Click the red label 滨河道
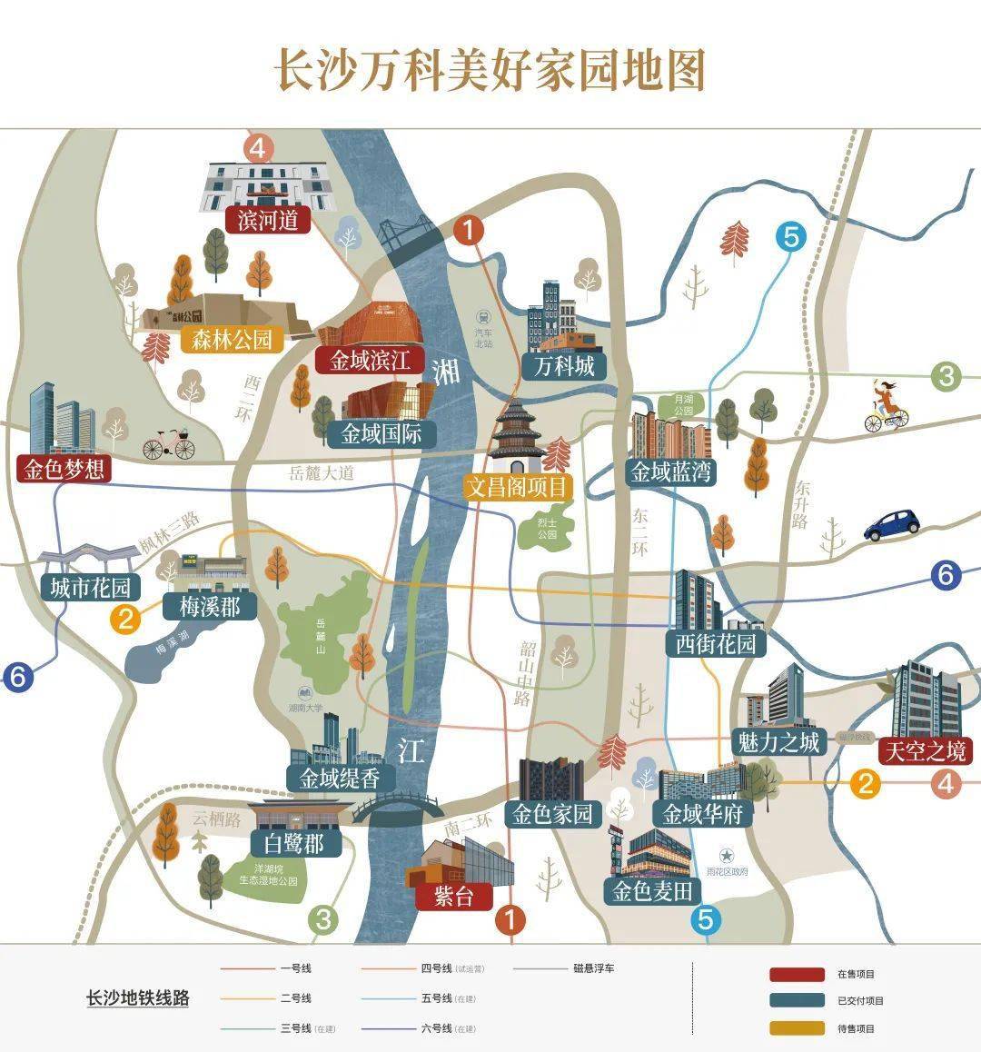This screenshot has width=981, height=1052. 268,220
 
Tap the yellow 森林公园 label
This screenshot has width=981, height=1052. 232,340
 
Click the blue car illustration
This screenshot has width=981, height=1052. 891,524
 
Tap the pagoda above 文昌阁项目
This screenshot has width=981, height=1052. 517,432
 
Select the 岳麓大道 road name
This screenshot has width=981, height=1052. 321,472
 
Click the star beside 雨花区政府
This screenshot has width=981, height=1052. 726,855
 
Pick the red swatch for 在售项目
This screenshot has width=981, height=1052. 797,974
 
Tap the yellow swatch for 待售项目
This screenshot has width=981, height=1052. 797,1028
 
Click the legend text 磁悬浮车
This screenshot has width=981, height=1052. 594,968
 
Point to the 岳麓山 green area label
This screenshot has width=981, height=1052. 321,635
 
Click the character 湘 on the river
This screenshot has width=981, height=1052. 447,371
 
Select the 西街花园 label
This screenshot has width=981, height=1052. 716,644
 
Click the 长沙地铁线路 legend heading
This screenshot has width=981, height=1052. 137,997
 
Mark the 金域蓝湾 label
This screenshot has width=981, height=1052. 673,471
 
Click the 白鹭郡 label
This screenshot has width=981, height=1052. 293,843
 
